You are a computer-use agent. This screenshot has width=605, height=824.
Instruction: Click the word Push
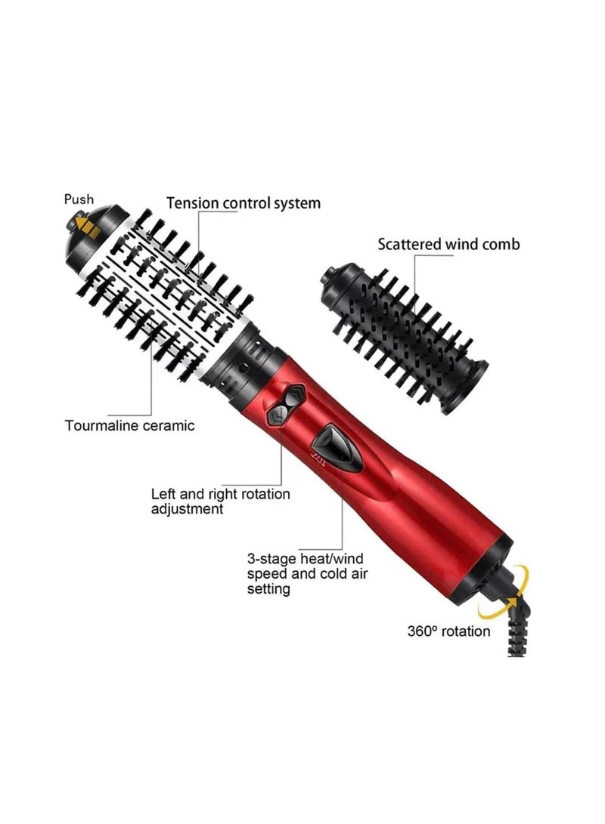coord(79,199)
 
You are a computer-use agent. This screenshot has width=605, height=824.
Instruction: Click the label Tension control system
coord(244,203)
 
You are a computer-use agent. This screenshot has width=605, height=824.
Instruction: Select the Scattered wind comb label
coord(448,244)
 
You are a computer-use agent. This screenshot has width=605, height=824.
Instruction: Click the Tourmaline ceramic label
coord(129,425)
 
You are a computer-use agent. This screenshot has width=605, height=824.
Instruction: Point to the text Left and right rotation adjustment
coord(220,501)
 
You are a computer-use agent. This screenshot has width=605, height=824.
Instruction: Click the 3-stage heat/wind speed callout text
coord(306,573)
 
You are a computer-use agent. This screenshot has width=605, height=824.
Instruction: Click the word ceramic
coord(166,425)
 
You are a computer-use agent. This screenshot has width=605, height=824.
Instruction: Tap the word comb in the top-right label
coord(501,244)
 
